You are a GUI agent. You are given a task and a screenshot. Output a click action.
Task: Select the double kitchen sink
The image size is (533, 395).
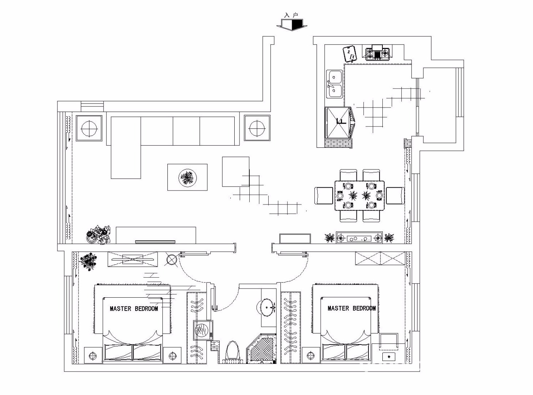point(334,84)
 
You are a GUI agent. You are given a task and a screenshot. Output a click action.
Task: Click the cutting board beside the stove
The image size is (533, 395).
point(350,54)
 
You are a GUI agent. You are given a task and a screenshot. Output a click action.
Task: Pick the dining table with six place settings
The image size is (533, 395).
point(359,196)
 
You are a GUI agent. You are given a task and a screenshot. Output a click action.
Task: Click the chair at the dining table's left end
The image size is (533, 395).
point(324,195)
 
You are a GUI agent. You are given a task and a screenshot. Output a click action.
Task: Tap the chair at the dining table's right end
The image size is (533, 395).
point(395,195)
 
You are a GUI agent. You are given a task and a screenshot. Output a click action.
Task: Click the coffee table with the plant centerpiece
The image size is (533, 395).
point(187,177)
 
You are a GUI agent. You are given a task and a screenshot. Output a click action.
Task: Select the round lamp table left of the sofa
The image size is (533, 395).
point(89,128)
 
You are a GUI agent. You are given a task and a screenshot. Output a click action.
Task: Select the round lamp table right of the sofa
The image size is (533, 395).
point(257,128)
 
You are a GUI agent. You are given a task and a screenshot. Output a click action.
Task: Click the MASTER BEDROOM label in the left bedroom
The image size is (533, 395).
point(134,309)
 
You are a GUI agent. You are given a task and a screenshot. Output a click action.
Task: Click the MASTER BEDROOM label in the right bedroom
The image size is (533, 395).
point(351,308)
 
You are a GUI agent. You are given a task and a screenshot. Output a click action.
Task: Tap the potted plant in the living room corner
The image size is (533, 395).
point(98,234)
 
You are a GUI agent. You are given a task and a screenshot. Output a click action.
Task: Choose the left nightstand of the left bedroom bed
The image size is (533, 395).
point(93,355)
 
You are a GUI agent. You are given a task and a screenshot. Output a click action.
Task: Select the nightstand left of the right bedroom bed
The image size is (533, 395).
point(311,355)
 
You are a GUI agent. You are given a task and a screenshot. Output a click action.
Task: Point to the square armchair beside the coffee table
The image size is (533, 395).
point(235,172)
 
